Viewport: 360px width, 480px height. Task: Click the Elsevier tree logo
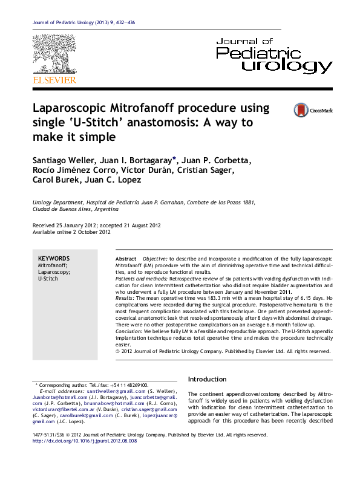(x=54, y=54)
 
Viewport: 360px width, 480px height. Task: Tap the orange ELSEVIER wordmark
(x=54, y=80)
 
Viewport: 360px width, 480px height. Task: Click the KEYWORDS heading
(x=54, y=258)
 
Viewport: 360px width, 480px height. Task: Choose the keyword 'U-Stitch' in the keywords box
(x=48, y=280)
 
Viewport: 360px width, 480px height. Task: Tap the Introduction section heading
(x=208, y=379)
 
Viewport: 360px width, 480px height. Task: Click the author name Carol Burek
(x=53, y=180)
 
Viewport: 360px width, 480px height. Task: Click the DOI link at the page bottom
(x=84, y=441)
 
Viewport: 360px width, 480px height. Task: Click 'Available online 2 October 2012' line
(x=71, y=232)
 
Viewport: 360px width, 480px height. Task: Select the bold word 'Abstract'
(x=126, y=258)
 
